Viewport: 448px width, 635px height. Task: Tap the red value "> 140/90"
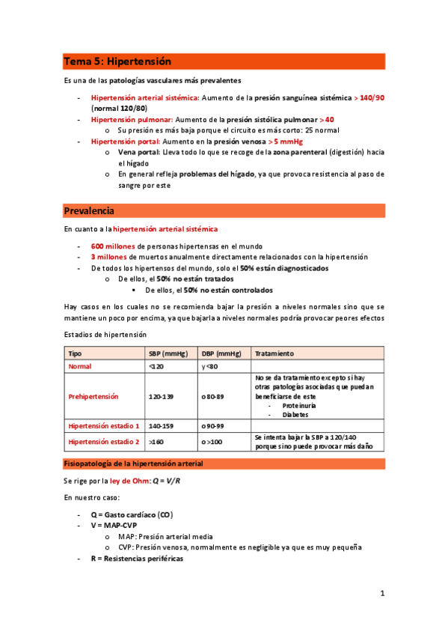368,97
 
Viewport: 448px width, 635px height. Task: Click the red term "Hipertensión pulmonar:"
132,119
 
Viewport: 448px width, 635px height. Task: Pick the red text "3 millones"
109,257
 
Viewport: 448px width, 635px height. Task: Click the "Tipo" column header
76,353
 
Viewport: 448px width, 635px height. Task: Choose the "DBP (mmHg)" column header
221,353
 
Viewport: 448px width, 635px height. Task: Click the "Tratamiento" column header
274,353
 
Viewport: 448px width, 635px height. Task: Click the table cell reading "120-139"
162,395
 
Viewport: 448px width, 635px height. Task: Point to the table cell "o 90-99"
213,425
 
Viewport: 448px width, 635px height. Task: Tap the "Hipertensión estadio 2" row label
103,442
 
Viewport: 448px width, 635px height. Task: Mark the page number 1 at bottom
381,594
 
